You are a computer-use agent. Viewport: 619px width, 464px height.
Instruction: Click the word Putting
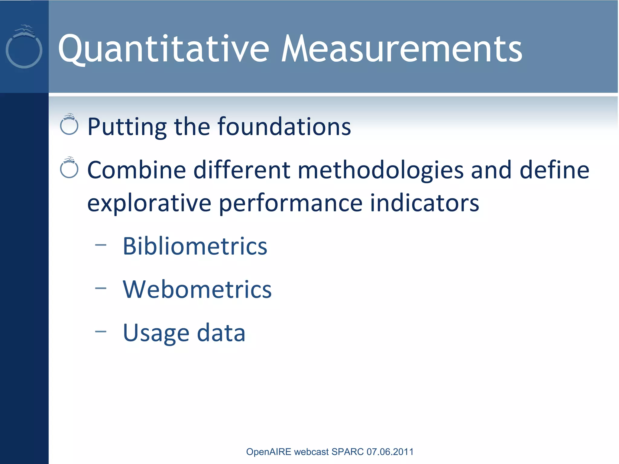click(127, 127)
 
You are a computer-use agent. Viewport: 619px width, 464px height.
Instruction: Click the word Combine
click(136, 170)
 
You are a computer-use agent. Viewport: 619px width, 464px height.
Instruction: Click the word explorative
click(149, 204)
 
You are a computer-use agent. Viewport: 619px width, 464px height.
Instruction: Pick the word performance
click(290, 204)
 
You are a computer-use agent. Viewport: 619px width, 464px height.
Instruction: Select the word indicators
click(424, 203)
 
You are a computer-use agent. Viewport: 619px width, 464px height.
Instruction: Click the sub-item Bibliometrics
click(195, 246)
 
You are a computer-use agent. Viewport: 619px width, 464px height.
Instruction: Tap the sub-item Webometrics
click(197, 289)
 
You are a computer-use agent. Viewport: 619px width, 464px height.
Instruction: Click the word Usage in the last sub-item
click(156, 333)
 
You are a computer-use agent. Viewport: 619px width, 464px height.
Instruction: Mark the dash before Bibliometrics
click(101, 245)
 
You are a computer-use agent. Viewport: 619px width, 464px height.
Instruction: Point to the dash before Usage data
click(101, 332)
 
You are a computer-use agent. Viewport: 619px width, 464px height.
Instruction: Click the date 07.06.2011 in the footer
click(390, 452)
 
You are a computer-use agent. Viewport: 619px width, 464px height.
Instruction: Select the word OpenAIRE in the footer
click(268, 452)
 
